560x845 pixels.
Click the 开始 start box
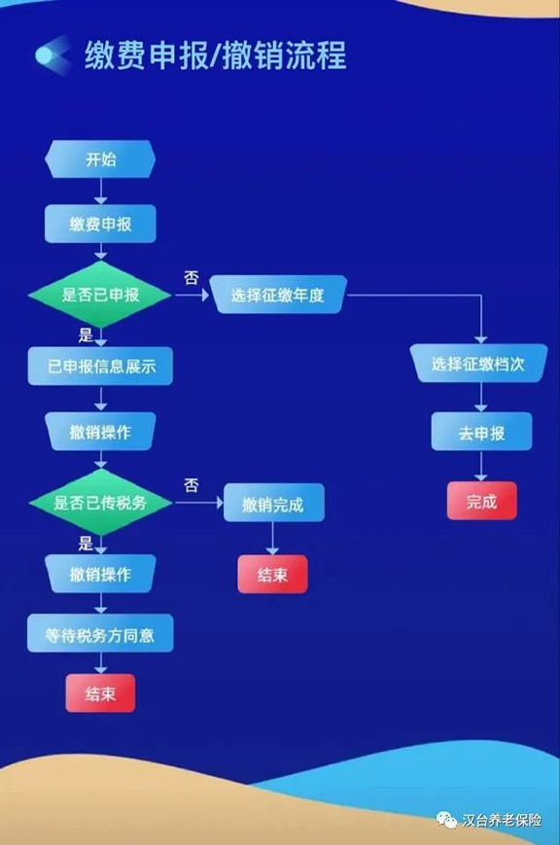point(100,159)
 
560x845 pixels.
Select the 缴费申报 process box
point(100,224)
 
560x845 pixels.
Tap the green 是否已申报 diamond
point(100,295)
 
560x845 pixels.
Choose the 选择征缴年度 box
point(278,295)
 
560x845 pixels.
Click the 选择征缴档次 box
point(478,364)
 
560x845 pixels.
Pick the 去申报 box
point(481,432)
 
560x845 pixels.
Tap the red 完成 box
point(482,501)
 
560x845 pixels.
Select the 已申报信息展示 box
point(100,367)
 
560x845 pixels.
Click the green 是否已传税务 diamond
point(100,503)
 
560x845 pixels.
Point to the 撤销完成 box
point(274,504)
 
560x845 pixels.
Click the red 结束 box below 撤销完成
point(273,575)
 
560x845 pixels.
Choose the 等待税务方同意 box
point(100,634)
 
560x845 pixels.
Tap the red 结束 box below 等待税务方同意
point(100,693)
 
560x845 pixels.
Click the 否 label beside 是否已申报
point(192,278)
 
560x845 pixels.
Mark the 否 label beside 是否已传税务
point(192,485)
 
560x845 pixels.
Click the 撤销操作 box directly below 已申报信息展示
point(100,432)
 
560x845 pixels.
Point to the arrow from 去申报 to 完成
point(481,466)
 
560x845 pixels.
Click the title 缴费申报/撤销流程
point(215,55)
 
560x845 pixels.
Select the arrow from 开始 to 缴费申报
point(100,192)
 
